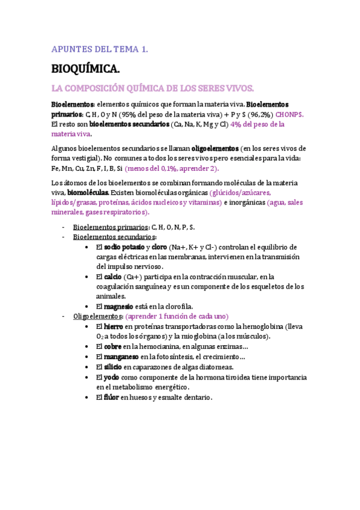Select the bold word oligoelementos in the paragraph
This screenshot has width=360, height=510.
click(214, 148)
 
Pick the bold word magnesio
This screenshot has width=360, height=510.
click(121, 306)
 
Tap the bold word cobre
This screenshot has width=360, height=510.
click(112, 346)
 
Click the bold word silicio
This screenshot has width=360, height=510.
click(112, 367)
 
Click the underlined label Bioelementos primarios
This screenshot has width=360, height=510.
click(111, 227)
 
